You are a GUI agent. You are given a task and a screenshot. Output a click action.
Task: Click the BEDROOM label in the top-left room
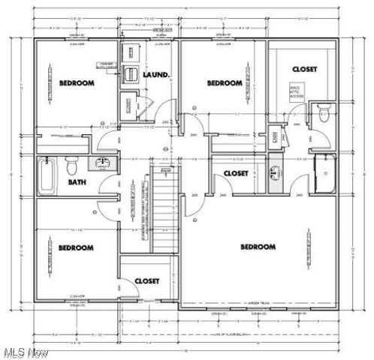(77, 82)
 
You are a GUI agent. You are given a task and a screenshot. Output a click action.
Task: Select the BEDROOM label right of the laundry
(225, 82)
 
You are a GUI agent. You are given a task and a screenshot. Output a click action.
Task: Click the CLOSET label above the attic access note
(304, 69)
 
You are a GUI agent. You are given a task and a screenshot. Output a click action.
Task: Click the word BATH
(77, 181)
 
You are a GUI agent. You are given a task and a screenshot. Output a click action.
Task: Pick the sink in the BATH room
(104, 163)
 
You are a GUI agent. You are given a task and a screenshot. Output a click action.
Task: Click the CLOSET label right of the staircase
(236, 173)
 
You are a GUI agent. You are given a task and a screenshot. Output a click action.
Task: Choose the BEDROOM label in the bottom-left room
(77, 247)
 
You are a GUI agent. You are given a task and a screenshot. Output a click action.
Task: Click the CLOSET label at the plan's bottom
(146, 280)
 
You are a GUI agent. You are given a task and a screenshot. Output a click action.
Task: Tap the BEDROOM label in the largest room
(258, 246)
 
